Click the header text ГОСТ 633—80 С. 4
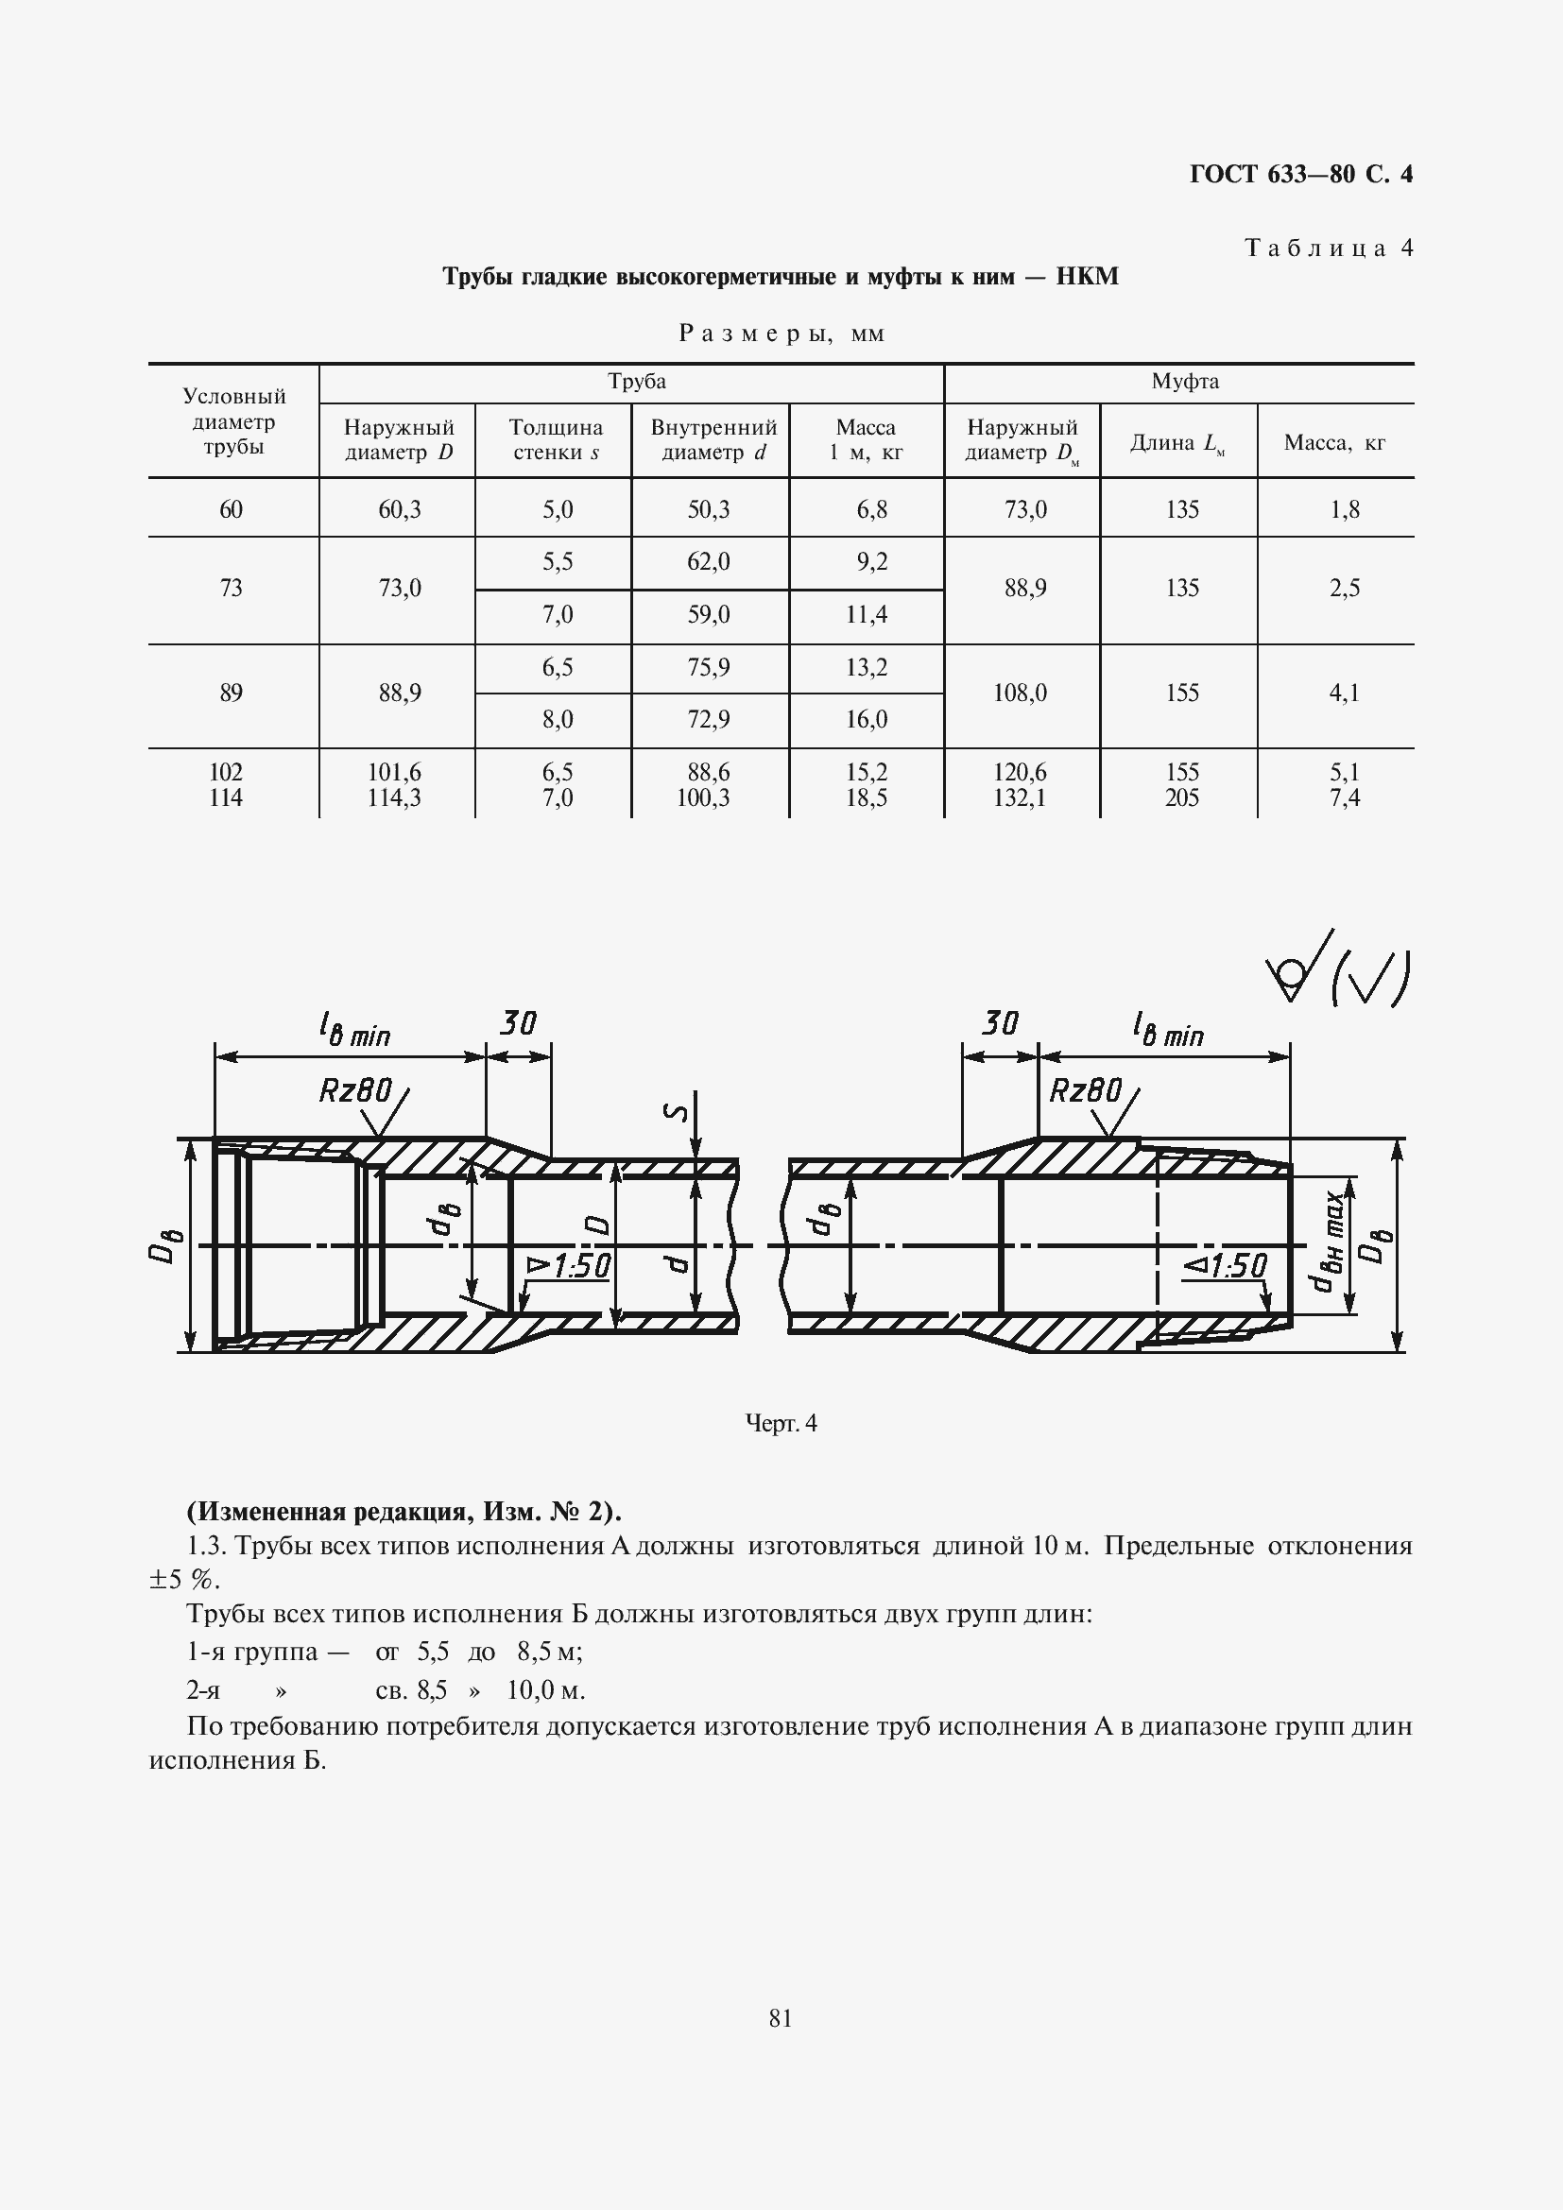(1300, 174)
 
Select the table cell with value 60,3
(400, 509)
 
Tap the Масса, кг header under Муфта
(1334, 443)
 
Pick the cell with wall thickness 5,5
(558, 562)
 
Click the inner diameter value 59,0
(709, 615)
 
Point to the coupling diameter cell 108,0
(1024, 693)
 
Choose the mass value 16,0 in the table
(867, 720)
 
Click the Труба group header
(636, 382)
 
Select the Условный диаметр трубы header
(233, 421)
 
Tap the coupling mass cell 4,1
(1344, 693)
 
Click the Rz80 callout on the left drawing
(355, 1090)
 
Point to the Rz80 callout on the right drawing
(1085, 1090)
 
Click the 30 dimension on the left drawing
(518, 1023)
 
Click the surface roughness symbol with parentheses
(1339, 972)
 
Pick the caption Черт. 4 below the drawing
(781, 1424)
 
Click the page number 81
(781, 2018)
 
